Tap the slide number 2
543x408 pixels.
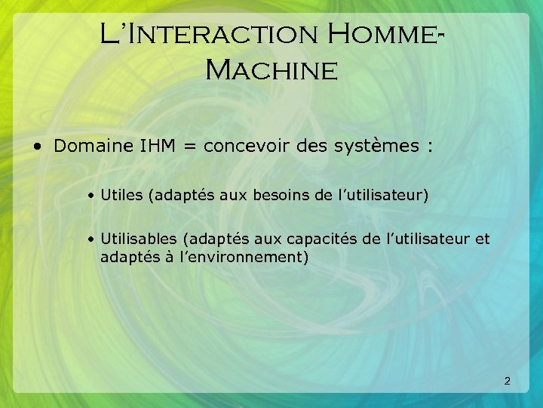507,382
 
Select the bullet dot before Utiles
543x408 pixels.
90,196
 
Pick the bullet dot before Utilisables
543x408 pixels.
90,240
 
